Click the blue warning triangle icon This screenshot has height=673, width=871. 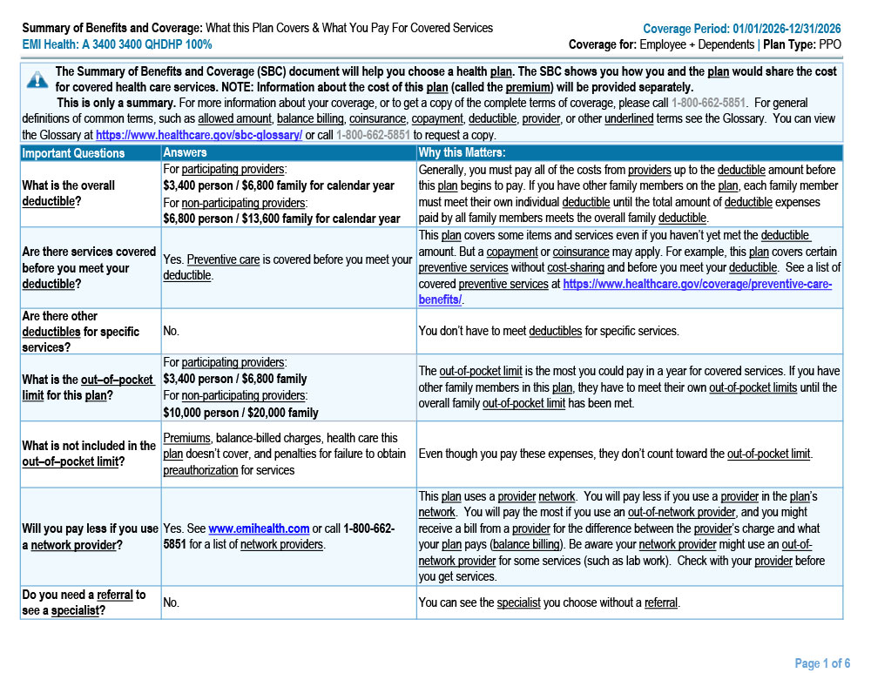[37, 80]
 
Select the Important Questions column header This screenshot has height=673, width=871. [73, 153]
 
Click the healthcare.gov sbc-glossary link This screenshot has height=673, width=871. [199, 136]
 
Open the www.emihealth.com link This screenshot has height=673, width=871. [259, 528]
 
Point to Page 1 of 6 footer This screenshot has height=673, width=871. [822, 663]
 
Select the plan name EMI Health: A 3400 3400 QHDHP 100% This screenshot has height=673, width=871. [117, 44]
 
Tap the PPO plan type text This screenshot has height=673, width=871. [831, 44]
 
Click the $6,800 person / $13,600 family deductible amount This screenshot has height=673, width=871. [281, 219]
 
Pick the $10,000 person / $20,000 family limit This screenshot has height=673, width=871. [241, 413]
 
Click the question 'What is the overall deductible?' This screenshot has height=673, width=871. [69, 193]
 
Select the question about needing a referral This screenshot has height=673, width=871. [84, 602]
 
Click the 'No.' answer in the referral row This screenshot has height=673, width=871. [171, 602]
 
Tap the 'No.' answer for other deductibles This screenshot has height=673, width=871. [171, 331]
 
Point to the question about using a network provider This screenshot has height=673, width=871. [90, 536]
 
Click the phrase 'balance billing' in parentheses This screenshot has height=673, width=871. [526, 544]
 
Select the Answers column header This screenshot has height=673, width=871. [186, 153]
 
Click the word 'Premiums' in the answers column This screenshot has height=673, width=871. [187, 437]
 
